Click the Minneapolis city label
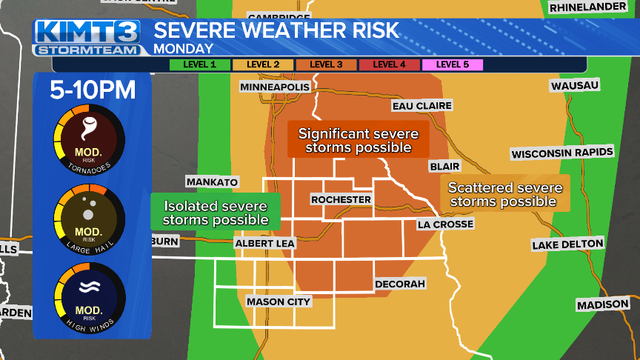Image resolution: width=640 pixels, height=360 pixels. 274,87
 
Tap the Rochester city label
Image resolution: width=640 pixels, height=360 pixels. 341,200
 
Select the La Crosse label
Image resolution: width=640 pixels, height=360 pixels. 444,224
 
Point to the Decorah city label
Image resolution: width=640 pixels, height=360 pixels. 400,284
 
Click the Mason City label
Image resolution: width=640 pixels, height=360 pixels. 279,301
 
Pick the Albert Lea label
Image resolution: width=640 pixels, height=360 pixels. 264,243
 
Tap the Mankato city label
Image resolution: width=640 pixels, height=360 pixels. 212,182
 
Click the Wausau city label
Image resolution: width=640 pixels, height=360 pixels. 574,86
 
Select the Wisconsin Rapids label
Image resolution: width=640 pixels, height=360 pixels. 562,153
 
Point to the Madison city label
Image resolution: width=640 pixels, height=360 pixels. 603,304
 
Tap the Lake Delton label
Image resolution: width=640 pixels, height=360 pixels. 567,244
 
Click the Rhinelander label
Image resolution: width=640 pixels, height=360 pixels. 590,8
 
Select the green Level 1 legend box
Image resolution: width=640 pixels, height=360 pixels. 200,64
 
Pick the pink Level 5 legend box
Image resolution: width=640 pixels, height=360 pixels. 452,64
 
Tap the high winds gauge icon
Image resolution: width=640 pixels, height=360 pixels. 89,299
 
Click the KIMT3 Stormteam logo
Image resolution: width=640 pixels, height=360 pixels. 87,38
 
